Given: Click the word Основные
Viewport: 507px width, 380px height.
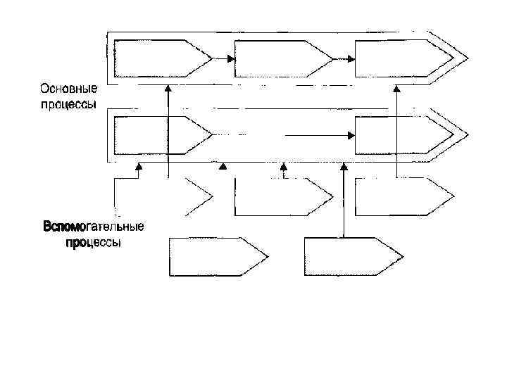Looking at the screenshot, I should (x=68, y=89).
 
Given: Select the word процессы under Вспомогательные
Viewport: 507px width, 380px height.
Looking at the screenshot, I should (x=94, y=243).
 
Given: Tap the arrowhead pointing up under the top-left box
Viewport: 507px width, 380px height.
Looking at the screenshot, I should (x=168, y=89).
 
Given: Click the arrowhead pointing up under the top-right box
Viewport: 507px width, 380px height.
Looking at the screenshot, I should (x=397, y=89).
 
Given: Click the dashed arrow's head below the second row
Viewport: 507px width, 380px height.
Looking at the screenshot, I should (x=284, y=167).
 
